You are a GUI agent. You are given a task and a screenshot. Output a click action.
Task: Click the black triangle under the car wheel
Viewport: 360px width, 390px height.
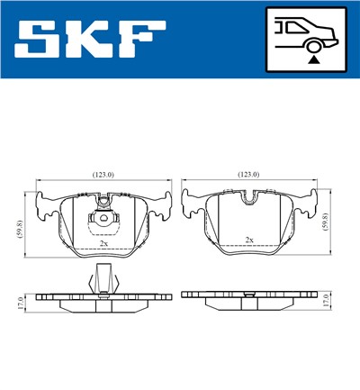(x=312, y=59)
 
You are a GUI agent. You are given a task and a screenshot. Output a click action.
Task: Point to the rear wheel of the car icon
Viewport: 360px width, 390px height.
(x=312, y=44)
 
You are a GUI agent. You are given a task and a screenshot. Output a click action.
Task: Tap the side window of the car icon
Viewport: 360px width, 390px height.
(x=292, y=27)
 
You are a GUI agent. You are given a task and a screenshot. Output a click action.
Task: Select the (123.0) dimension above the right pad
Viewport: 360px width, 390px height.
(x=248, y=174)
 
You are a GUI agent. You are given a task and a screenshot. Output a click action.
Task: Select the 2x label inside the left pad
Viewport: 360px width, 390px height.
(x=103, y=243)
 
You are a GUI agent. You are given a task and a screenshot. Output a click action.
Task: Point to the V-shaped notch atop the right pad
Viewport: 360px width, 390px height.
(x=249, y=194)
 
